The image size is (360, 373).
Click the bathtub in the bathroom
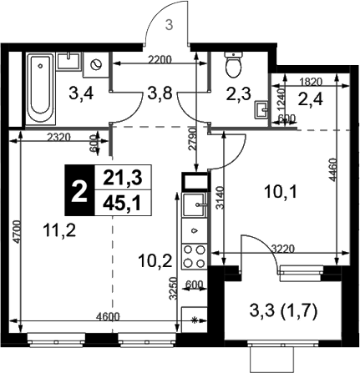coord(41,88)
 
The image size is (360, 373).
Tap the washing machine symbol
coord(96,65)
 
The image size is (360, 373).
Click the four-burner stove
coord(195,256)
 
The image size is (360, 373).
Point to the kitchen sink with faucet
coord(195,204)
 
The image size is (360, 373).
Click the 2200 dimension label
coord(160,59)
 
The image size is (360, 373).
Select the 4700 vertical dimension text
coord(17,232)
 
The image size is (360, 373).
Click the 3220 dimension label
coord(283,249)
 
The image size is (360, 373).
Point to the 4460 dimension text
coord(332,170)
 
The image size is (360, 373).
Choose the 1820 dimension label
coord(311,82)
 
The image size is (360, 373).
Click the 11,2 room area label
coord(59,230)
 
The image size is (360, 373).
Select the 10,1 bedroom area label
coord(281,192)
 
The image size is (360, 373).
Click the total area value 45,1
coord(123,204)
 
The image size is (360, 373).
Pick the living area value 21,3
coord(123,178)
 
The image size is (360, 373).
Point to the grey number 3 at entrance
coord(169,25)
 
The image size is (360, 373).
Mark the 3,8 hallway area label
coord(160,93)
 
